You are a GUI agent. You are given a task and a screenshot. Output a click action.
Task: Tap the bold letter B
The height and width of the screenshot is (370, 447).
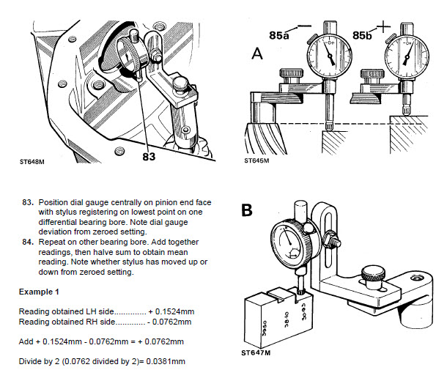coord(248,210)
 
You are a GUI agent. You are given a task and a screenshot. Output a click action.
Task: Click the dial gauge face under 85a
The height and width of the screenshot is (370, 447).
coord(328,54)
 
